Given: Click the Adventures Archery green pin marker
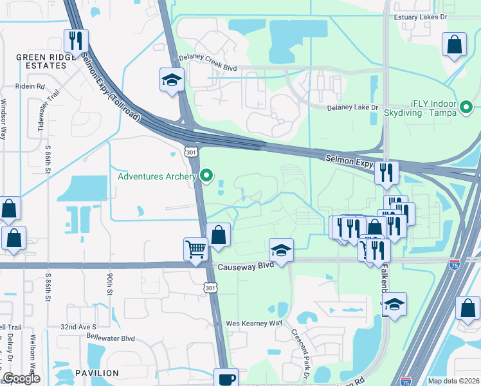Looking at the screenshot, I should coord(206,175).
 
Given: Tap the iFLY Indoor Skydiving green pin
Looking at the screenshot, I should coord(467,107).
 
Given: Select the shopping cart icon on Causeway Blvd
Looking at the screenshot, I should coord(195,249).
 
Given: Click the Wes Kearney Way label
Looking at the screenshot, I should coord(253,323).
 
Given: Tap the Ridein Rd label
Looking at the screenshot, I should coord(32,86).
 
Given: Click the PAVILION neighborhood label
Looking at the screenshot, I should coord(96,373).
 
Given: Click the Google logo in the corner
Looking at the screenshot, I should coord(22,379).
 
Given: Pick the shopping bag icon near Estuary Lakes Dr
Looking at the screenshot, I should coord(454,45).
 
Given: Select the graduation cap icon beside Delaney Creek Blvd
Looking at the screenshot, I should coord(172,80).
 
